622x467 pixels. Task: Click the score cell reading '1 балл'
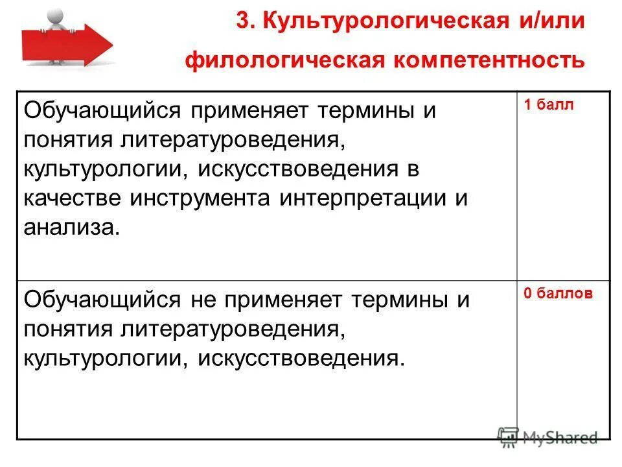[549, 106]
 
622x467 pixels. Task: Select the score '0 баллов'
[558, 293]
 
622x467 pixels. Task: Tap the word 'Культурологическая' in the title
[378, 21]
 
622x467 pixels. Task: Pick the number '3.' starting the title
[244, 21]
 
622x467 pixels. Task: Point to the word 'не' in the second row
[201, 300]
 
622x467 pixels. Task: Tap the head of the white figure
[58, 15]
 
